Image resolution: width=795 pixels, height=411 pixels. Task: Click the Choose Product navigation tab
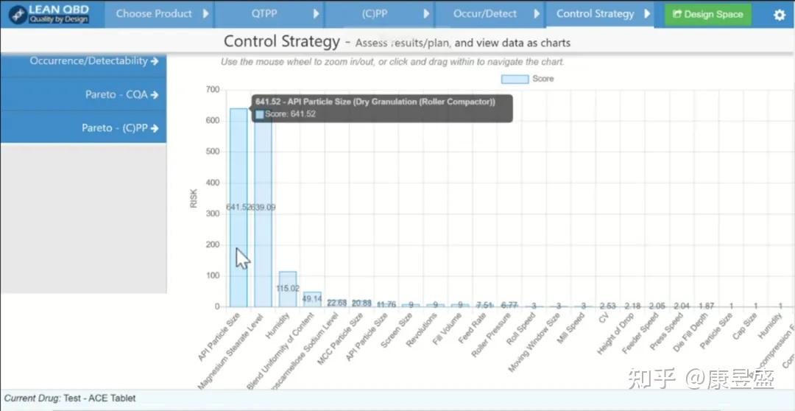tap(155, 14)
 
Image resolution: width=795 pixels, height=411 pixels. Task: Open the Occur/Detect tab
tap(485, 14)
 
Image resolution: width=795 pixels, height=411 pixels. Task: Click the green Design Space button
tap(707, 14)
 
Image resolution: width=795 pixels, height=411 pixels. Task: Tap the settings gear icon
tap(779, 15)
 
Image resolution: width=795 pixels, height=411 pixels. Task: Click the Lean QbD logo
tap(49, 14)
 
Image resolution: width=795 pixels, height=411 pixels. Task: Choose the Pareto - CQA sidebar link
tap(122, 94)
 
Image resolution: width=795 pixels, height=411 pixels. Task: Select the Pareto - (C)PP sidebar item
tap(120, 128)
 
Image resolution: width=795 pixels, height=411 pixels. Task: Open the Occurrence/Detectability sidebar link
tap(94, 61)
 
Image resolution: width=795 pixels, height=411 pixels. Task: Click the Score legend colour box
tap(515, 79)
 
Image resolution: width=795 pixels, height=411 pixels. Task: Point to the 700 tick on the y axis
tap(212, 90)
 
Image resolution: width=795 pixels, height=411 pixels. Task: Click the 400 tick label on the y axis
tap(212, 183)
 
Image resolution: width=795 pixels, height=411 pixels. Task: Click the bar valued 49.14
tap(312, 299)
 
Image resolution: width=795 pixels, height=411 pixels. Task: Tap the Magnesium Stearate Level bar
tap(264, 221)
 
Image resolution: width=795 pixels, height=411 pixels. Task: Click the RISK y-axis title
tap(194, 198)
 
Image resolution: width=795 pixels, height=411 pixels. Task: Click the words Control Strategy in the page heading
tap(281, 42)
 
